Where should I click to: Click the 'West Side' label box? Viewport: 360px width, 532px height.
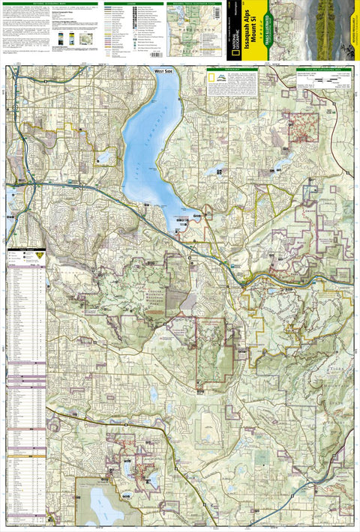(165, 71)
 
